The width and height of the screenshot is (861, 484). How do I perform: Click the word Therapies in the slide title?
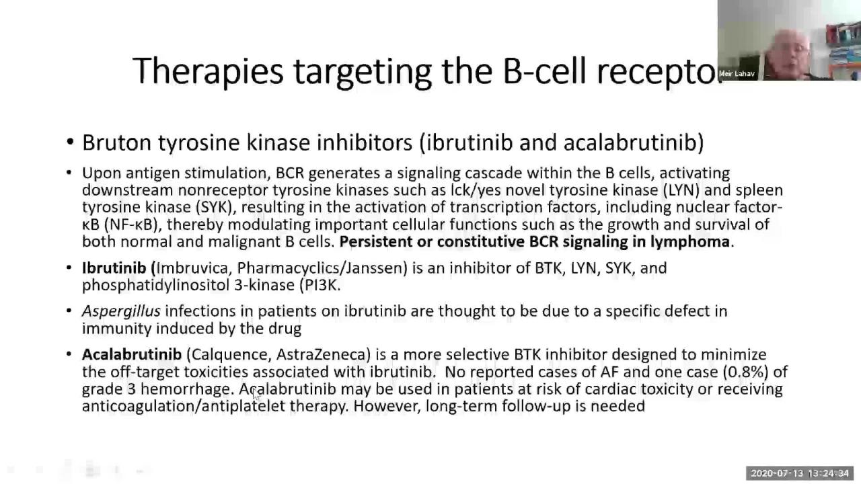tap(208, 72)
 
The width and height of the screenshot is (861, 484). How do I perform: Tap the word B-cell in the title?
tap(544, 71)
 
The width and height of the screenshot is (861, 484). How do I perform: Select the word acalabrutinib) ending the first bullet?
tap(634, 143)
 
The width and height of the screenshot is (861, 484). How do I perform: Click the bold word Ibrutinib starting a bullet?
tap(114, 268)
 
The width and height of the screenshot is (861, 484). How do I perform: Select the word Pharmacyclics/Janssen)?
tap(322, 268)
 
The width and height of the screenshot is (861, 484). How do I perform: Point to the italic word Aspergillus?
tap(121, 311)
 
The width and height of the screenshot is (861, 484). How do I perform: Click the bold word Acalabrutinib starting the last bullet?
tap(132, 354)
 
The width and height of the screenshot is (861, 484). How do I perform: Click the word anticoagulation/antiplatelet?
tap(184, 407)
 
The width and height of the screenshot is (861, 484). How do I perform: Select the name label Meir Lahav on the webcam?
tap(737, 74)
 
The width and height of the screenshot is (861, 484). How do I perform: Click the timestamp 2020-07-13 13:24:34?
tap(800, 473)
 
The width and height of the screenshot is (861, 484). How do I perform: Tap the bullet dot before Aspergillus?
tap(69, 311)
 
